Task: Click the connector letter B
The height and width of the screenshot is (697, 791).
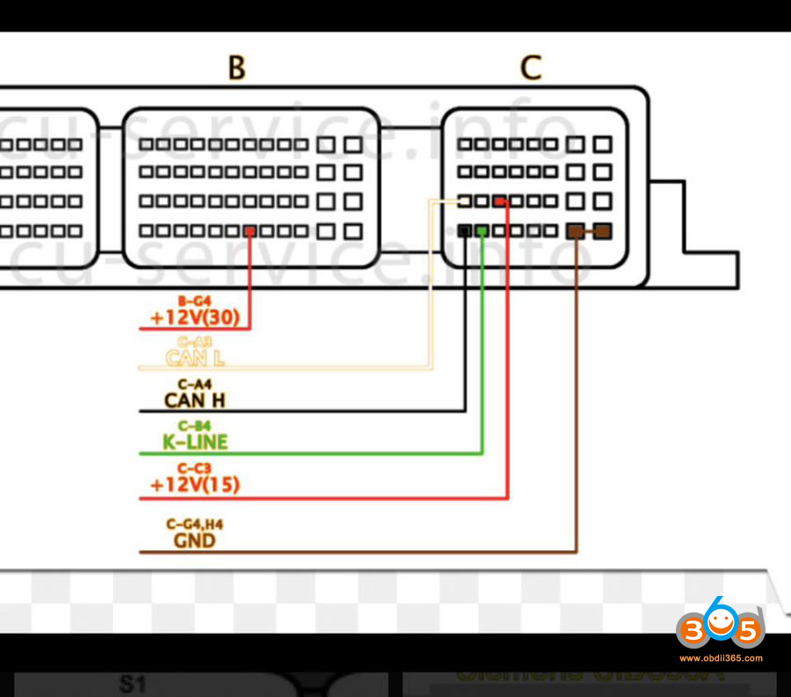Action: point(236,68)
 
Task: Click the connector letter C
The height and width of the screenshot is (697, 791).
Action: point(531,68)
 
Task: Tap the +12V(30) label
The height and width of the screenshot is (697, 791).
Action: point(194,317)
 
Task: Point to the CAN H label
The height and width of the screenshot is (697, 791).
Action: point(194,401)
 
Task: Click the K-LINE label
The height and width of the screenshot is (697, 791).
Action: point(194,442)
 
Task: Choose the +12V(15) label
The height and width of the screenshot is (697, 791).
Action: point(194,484)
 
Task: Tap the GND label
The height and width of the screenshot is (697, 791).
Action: point(194,540)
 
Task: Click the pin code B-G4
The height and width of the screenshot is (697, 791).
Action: point(194,301)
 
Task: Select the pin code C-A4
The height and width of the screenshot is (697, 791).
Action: point(194,383)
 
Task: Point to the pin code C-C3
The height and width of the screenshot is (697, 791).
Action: point(194,468)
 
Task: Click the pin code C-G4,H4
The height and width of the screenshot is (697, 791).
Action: point(194,525)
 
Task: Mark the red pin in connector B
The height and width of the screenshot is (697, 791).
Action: point(250,231)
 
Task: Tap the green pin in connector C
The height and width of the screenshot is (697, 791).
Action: point(482,231)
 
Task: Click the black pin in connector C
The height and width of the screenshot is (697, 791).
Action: point(465,231)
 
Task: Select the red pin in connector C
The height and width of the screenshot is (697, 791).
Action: point(499,202)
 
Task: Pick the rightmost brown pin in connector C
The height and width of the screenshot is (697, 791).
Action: point(602,231)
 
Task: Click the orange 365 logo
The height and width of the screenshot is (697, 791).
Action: point(719,626)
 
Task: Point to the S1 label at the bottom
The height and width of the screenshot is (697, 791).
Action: point(134,683)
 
